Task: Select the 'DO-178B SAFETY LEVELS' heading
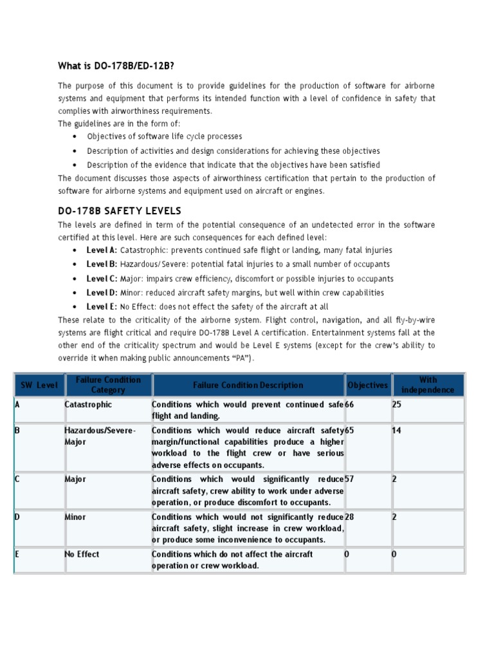(120, 210)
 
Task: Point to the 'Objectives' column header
(367, 385)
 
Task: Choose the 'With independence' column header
(428, 385)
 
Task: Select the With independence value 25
(397, 405)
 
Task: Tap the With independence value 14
(396, 429)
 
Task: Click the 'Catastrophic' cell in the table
(88, 405)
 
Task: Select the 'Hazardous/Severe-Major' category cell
(100, 435)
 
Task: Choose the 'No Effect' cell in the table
(82, 554)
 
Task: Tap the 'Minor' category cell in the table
(75, 517)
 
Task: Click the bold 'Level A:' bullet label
(102, 250)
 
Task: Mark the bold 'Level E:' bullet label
(102, 307)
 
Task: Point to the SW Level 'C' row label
(17, 479)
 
